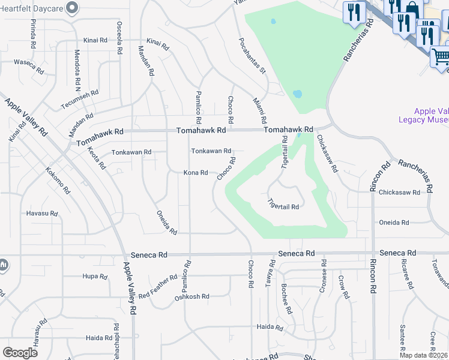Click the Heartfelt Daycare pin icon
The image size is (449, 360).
point(73,8)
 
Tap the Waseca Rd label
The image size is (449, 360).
point(29,65)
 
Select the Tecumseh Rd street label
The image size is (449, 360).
point(79,101)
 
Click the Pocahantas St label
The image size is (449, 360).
point(252,55)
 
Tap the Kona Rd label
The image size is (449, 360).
point(196,173)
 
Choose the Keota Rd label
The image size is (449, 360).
point(97,158)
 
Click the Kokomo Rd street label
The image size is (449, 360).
point(58,180)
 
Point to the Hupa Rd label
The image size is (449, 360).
point(94,277)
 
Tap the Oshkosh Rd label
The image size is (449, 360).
point(191,296)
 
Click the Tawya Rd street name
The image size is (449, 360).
point(271,274)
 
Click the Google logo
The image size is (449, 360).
point(20,352)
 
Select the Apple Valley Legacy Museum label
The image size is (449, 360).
point(431,115)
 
